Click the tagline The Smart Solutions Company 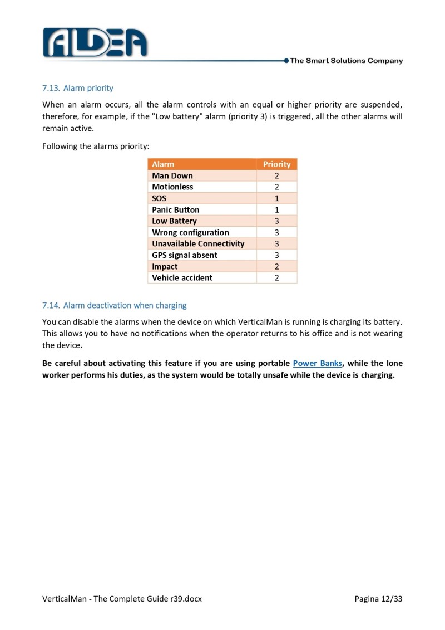click(346, 61)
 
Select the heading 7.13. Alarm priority click(78, 88)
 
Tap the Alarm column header click(163, 164)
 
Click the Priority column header click(276, 164)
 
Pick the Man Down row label click(172, 175)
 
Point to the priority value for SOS click(276, 198)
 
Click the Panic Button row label click(175, 209)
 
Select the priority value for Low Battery click(276, 221)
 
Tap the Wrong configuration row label click(190, 232)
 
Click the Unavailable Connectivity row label click(198, 243)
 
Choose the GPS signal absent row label click(185, 255)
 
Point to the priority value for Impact click(276, 266)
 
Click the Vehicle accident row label click(182, 277)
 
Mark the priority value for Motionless click(276, 187)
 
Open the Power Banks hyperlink click(317, 363)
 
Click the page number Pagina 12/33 click(378, 599)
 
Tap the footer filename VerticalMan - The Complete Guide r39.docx click(122, 599)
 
